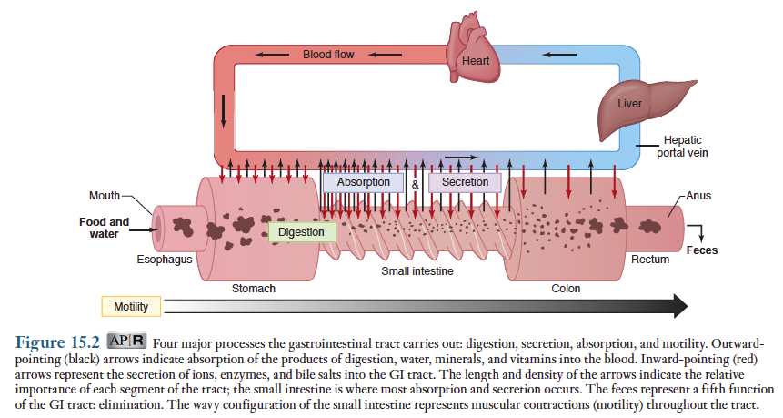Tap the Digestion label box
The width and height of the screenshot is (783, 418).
click(301, 232)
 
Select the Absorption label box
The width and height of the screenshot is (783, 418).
click(363, 182)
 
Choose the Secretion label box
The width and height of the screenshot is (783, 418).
click(465, 182)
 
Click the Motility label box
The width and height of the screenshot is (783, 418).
click(131, 306)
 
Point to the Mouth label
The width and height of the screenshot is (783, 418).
click(104, 197)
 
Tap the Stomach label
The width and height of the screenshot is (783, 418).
click(254, 289)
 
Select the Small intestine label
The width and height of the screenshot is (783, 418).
click(417, 271)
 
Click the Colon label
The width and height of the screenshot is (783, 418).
click(566, 289)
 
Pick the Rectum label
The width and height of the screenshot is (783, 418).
click(650, 260)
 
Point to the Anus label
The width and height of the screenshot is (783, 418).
click(699, 196)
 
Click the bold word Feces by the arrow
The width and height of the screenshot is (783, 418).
click(701, 250)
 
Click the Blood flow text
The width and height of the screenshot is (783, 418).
click(328, 55)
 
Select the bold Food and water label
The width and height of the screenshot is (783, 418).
click(104, 228)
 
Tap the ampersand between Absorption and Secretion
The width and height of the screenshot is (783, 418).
click(415, 183)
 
